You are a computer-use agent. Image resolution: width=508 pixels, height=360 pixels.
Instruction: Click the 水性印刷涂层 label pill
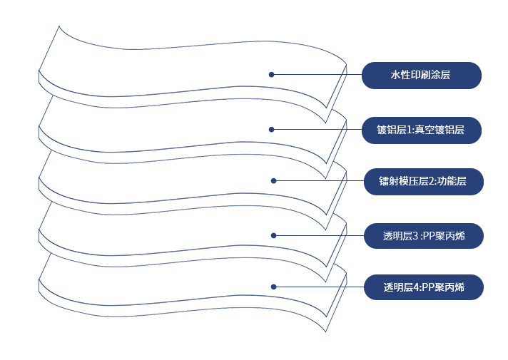point(422,75)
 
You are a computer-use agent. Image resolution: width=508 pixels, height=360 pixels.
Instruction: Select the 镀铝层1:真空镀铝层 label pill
point(422,129)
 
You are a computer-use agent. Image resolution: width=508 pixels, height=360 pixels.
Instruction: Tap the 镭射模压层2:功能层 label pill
point(423,181)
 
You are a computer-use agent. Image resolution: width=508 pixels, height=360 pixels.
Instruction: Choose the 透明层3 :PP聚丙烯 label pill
point(423,235)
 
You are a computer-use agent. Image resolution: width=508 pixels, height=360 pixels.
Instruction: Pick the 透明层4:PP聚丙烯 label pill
point(423,287)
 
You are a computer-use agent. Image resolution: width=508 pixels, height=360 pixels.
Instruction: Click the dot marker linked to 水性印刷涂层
point(272,74)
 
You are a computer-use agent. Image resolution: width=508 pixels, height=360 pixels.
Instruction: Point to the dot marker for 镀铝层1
point(272,129)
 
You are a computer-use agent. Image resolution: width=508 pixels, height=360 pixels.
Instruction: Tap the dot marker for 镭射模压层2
point(273,181)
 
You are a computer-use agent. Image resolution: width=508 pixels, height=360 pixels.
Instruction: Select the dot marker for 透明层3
point(273,235)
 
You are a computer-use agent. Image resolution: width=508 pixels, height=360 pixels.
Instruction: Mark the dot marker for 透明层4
point(273,287)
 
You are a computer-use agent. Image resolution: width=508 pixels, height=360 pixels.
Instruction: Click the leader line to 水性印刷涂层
point(317,74)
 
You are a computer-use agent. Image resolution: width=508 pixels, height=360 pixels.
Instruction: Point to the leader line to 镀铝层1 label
point(317,129)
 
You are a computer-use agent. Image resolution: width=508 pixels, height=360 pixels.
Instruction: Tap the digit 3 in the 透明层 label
point(415,236)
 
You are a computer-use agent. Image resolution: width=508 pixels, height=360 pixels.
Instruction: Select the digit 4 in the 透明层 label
point(416,288)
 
